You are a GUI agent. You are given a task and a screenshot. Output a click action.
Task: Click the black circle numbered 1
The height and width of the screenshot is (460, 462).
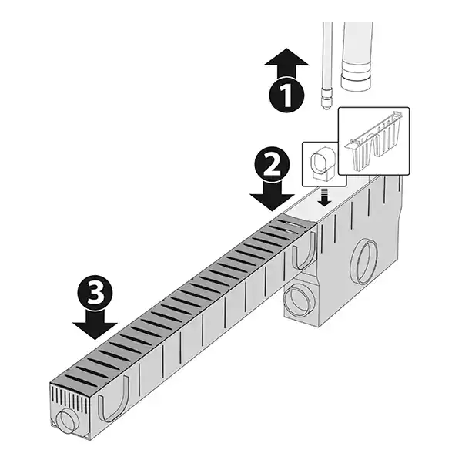(x=286, y=96)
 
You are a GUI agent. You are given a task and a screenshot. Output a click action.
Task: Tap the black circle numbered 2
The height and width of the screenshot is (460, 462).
(x=273, y=166)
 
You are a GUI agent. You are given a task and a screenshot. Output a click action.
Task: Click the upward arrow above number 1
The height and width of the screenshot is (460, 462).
(x=286, y=63)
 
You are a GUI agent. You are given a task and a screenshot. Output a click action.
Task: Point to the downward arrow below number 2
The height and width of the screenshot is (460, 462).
(x=272, y=196)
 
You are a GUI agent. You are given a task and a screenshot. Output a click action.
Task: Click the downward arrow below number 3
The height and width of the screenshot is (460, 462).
(x=95, y=325)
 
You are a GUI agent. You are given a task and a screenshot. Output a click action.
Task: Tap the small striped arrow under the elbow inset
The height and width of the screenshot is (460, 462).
(x=325, y=198)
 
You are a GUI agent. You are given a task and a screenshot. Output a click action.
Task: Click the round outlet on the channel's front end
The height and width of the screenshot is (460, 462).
(x=65, y=421)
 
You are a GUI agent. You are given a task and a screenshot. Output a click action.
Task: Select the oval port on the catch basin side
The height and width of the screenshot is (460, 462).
(x=363, y=262)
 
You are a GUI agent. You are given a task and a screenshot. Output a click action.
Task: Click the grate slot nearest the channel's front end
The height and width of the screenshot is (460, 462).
(x=80, y=381)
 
